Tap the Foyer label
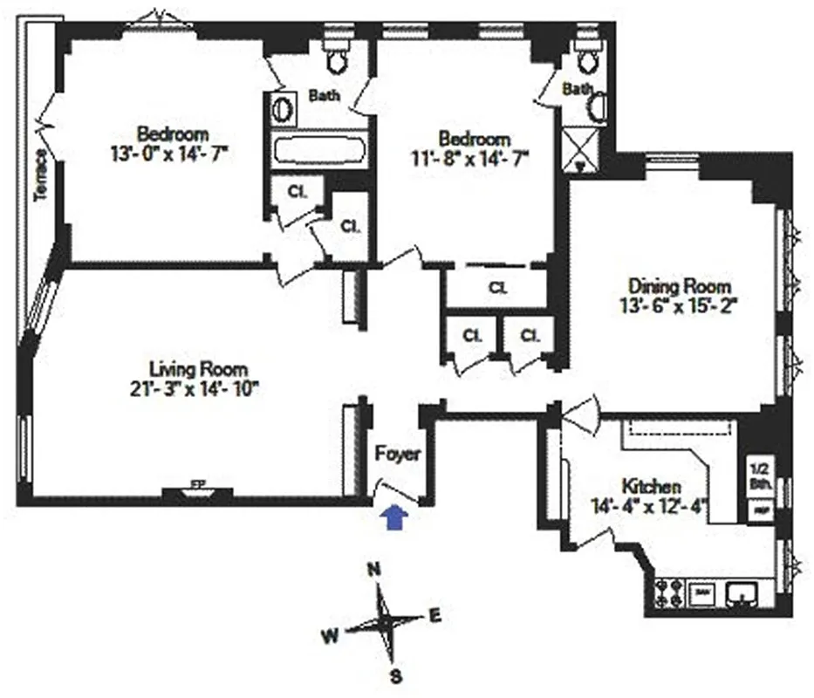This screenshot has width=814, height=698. (x=398, y=455)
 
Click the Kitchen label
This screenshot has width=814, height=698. (x=651, y=486)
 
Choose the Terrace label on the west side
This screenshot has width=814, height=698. (x=40, y=175)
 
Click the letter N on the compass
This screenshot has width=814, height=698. (x=375, y=570)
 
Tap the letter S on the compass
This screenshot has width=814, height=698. (x=394, y=674)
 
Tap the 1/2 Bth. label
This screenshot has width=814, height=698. (x=758, y=472)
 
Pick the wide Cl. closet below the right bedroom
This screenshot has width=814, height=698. (x=497, y=287)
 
